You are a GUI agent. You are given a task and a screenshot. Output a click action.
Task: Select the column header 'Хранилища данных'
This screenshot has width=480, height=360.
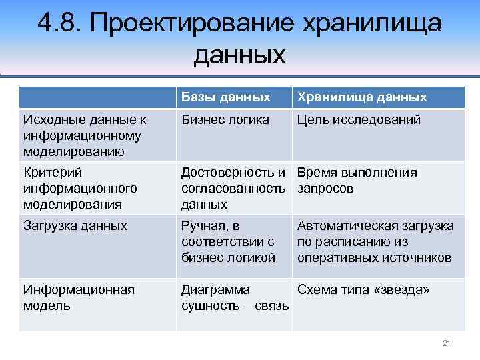362,97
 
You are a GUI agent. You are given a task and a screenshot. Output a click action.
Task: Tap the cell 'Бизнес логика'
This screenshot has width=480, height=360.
225,120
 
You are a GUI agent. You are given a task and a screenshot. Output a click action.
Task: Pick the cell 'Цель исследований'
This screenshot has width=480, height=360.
359,120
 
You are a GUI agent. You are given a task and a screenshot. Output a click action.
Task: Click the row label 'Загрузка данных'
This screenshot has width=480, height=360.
75,226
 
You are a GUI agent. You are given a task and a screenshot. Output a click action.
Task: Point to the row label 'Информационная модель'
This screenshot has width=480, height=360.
79,297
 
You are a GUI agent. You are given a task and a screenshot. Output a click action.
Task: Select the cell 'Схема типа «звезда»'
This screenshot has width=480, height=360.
363,289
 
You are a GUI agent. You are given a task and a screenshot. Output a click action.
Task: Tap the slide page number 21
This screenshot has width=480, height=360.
447,343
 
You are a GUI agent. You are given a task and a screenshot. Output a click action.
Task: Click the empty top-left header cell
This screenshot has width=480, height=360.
97,97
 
